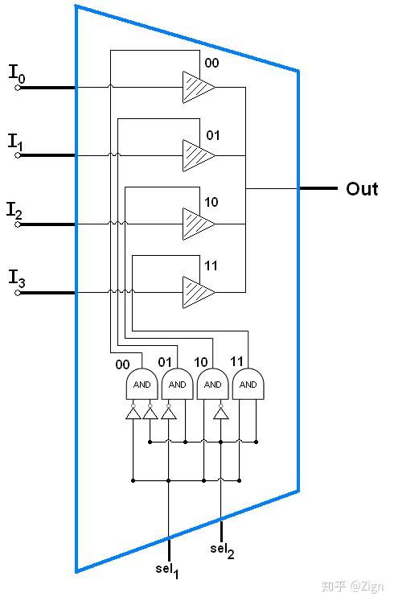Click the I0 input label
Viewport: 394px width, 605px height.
point(17,74)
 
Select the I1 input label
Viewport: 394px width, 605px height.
point(16,142)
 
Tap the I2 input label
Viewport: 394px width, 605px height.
point(14,211)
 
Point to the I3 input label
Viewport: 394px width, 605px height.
point(17,278)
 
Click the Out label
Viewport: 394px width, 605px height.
point(362,189)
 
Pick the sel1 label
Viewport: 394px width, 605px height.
point(167,570)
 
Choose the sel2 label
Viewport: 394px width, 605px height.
point(222,550)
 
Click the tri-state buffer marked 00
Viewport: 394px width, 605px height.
point(199,87)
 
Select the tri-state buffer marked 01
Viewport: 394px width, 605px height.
point(199,155)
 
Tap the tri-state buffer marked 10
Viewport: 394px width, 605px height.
point(199,224)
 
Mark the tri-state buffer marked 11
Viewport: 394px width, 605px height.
point(199,292)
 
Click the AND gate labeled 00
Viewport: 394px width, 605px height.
point(142,384)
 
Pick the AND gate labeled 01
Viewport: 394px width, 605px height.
point(178,384)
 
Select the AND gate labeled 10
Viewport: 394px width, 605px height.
point(213,384)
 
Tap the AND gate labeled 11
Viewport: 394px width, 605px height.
point(248,384)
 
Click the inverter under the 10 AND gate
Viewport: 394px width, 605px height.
point(221,412)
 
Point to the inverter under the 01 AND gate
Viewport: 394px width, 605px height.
point(169,412)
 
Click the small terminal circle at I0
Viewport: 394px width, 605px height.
point(18,88)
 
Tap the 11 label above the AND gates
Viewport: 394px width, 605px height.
point(236,361)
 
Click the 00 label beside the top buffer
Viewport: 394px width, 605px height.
point(211,63)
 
